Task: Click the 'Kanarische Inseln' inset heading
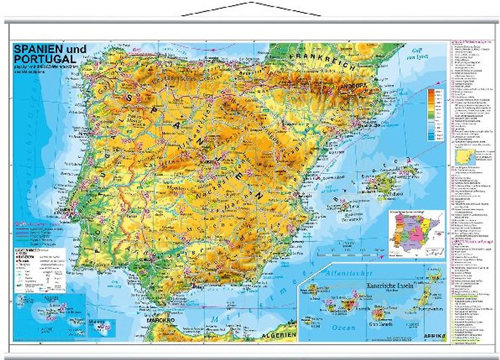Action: pyautogui.click(x=389, y=286)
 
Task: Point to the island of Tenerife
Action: pyautogui.click(x=349, y=302)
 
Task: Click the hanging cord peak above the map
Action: pyautogui.click(x=251, y=3)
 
